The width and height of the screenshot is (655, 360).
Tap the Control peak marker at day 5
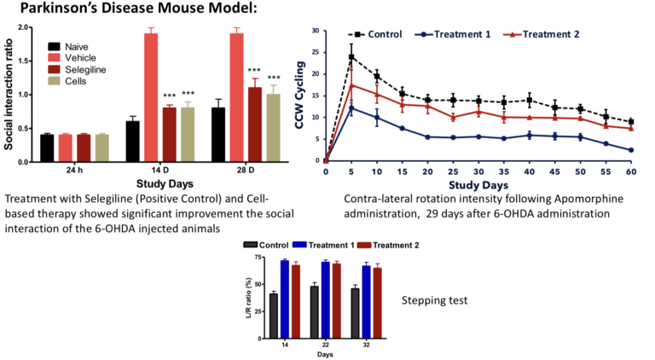(x=351, y=57)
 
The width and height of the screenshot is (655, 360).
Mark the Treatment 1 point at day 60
(x=631, y=150)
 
